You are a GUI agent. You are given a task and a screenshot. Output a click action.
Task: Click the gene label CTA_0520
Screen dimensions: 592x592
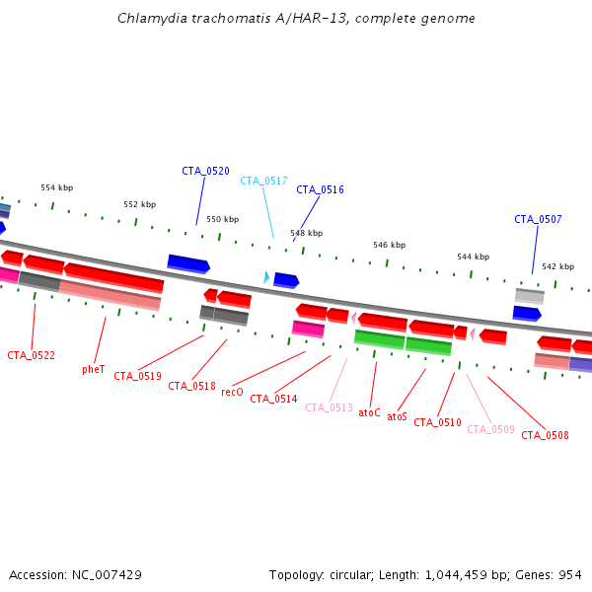(x=205, y=171)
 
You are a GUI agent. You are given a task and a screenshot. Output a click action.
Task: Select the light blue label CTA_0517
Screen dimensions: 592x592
(x=263, y=181)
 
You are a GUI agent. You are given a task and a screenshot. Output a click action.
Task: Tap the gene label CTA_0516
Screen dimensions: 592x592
(x=320, y=189)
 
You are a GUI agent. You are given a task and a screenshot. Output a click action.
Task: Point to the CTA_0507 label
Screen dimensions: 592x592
(x=538, y=219)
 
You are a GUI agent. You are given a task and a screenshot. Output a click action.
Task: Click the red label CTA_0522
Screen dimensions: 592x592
(x=31, y=355)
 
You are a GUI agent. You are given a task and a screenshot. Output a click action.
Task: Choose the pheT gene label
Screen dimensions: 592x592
(x=94, y=369)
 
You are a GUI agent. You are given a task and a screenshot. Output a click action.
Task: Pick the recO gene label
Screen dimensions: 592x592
(x=232, y=392)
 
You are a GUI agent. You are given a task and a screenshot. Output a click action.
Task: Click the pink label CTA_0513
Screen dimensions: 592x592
(x=329, y=407)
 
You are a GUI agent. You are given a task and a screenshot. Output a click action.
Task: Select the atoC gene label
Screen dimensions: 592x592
(x=369, y=412)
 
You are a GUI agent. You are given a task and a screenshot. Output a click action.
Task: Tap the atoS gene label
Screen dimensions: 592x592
(x=397, y=416)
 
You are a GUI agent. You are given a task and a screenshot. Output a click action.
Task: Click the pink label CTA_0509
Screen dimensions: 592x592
(x=490, y=429)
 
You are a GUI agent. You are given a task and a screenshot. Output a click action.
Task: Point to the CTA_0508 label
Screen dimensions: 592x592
(x=545, y=435)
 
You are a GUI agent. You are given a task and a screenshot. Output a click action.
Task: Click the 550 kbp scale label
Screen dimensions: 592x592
(x=222, y=219)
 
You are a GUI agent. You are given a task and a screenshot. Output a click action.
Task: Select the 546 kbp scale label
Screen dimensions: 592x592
(x=389, y=245)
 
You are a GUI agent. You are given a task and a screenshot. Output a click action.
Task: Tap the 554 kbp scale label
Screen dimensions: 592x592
(x=56, y=187)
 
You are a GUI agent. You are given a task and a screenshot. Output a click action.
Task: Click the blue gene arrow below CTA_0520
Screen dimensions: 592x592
(x=188, y=263)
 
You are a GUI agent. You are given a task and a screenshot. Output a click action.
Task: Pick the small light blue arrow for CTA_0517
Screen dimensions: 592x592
(x=265, y=277)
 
